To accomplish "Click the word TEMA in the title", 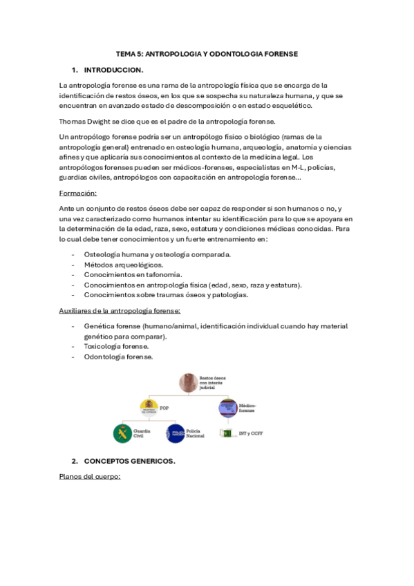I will coord(126,53).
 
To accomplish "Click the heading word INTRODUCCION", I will coord(113,70).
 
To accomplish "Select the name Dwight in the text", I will coord(101,121).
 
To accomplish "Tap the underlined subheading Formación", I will coord(78,193).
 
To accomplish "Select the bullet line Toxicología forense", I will coord(116,347).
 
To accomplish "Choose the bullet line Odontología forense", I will coord(118,357).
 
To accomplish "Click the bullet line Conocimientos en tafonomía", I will coord(133,274).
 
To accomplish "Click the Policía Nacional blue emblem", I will coord(175,434).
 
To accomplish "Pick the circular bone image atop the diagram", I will coord(188,381).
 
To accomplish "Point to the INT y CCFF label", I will coord(246,433).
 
